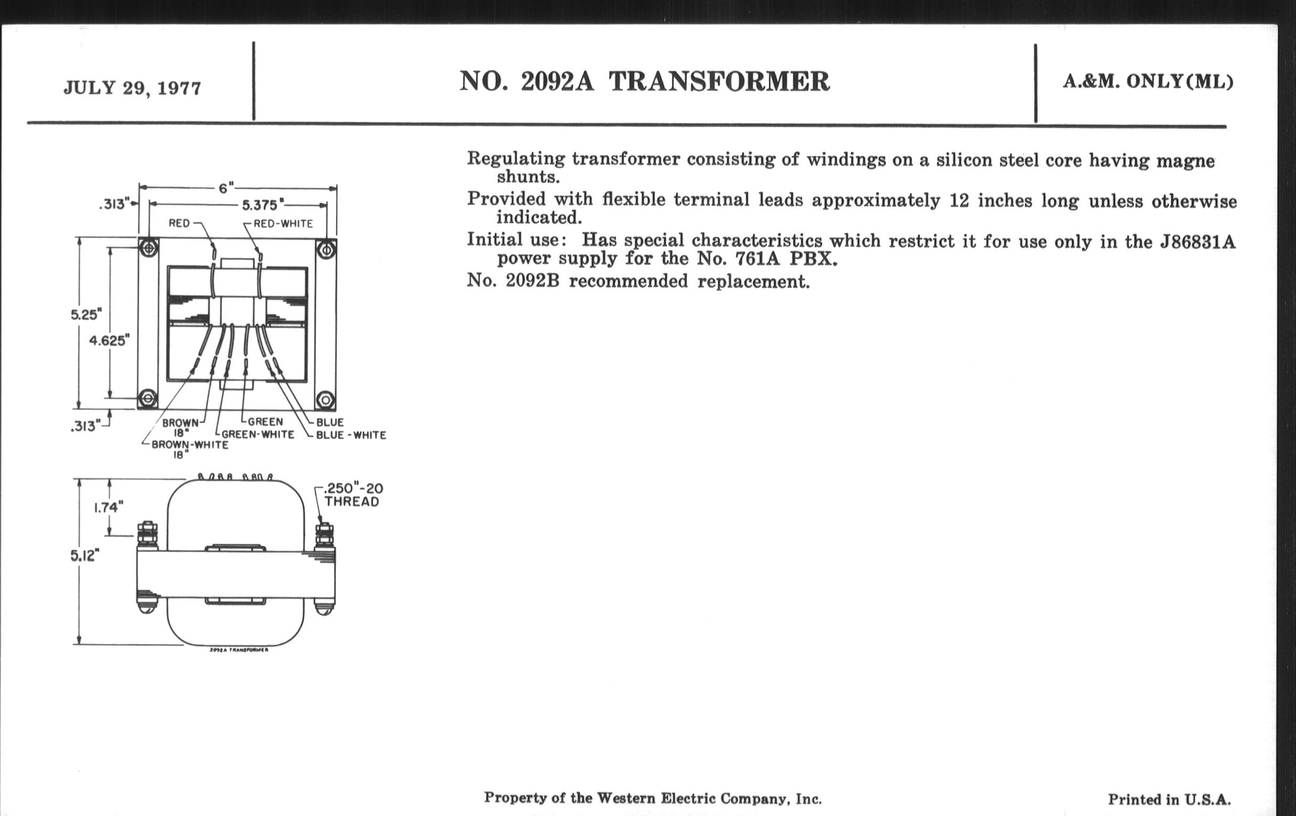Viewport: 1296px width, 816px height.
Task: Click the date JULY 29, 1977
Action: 132,88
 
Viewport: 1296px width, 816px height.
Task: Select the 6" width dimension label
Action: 226,188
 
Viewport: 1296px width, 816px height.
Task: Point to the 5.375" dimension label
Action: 260,205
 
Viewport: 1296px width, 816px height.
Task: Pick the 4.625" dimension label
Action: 109,340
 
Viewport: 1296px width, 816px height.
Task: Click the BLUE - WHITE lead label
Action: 351,435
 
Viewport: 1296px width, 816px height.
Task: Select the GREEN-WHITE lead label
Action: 258,434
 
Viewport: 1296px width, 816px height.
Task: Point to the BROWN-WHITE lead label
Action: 190,445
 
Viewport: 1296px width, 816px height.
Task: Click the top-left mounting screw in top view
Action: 149,249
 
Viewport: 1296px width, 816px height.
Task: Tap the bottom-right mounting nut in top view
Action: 326,399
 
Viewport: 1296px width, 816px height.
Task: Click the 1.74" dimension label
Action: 108,507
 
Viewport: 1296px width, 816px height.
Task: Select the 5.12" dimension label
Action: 85,555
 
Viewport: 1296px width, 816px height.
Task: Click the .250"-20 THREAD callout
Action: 353,495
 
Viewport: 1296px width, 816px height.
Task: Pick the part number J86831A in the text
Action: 1197,242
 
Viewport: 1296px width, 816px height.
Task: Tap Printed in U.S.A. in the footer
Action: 1169,799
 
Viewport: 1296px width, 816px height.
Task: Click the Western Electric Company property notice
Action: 652,798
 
